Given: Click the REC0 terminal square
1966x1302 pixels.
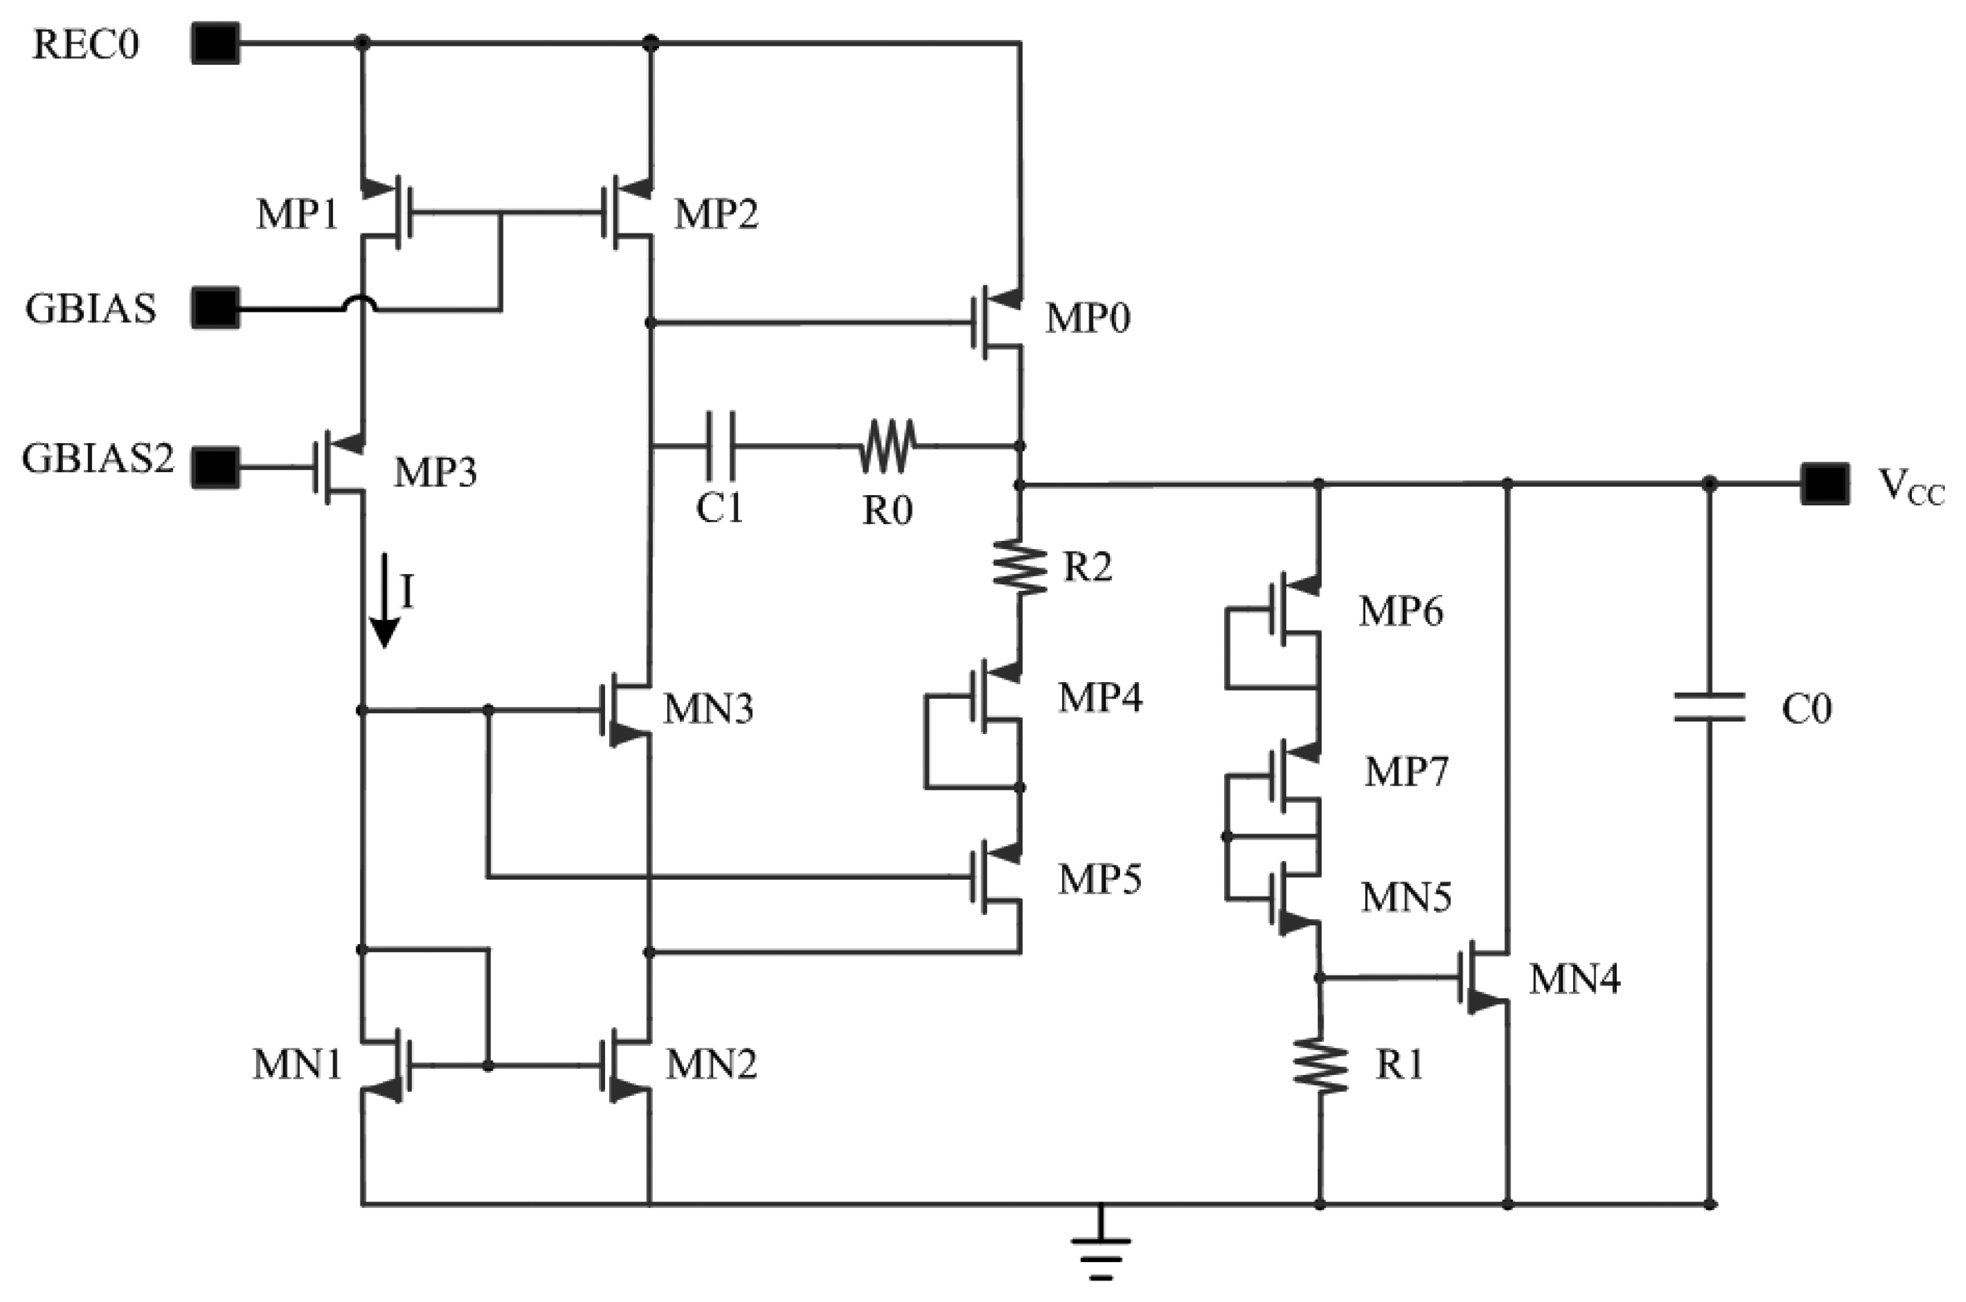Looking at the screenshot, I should tap(215, 43).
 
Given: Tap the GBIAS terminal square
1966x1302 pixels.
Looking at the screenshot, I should tap(215, 308).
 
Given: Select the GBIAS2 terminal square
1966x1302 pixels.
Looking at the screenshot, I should tap(215, 467).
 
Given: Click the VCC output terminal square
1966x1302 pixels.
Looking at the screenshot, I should tap(1825, 484).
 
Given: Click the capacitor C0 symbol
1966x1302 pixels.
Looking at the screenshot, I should tap(1708, 707).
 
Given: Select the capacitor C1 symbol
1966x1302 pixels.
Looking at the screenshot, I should tap(720, 446).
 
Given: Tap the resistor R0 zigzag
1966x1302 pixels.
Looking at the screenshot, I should tap(887, 446).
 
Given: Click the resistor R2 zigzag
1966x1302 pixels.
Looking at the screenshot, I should tap(1020, 567).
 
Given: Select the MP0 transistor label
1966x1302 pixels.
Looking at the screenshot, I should tap(1087, 319).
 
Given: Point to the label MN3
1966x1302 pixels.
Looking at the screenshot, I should tap(708, 710).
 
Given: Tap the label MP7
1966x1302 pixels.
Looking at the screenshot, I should tap(1406, 772).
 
